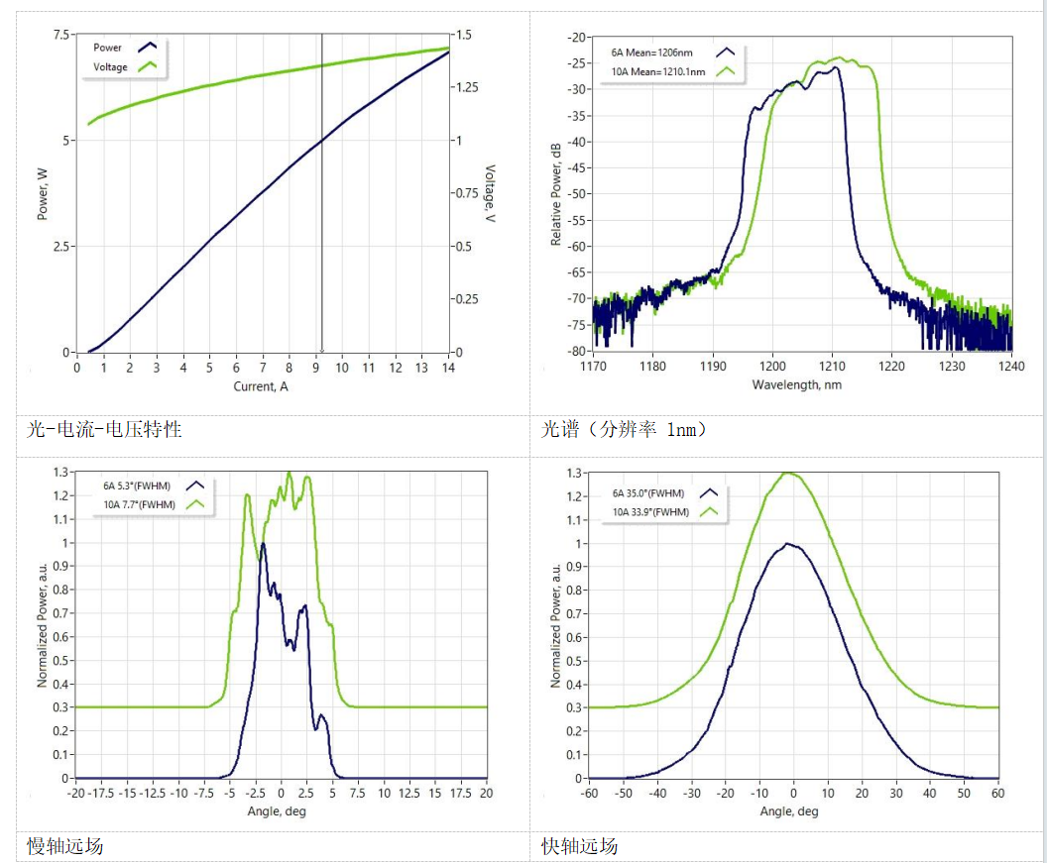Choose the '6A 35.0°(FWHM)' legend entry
[x=649, y=492]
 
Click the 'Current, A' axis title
[x=261, y=386]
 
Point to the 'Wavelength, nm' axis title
[x=796, y=384]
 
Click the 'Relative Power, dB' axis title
[x=556, y=194]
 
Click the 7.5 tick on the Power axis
[x=61, y=35]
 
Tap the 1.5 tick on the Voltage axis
[x=464, y=35]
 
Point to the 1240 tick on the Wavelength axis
[x=1011, y=367]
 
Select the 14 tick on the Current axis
[x=448, y=368]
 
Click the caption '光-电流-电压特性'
[x=104, y=430]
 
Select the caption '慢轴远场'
[x=64, y=846]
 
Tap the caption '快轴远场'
[x=579, y=846]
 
